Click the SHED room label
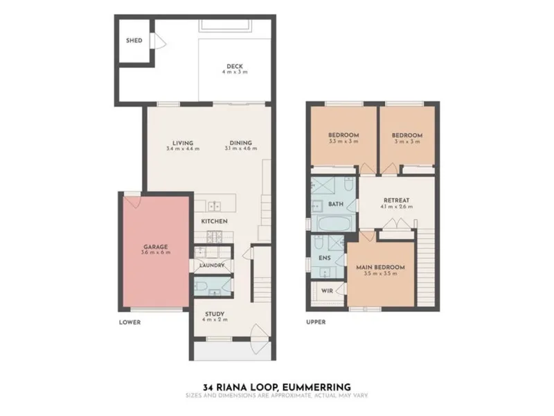click(x=134, y=41)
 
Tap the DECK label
click(x=235, y=66)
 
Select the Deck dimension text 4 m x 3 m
click(x=235, y=72)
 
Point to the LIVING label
click(x=183, y=143)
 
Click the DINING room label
click(x=240, y=143)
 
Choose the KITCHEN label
click(x=214, y=221)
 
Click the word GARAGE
click(x=155, y=247)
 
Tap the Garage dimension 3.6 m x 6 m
click(x=155, y=252)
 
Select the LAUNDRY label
click(x=212, y=266)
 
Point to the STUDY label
click(x=215, y=314)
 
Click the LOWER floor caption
click(x=129, y=322)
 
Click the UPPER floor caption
click(x=316, y=322)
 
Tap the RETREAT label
click(x=396, y=200)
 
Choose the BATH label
click(x=336, y=204)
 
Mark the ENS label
click(x=324, y=258)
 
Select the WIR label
click(x=327, y=291)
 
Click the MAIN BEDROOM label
click(x=380, y=268)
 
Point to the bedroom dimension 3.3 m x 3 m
click(x=343, y=141)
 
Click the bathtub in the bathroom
click(x=334, y=223)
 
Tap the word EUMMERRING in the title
click(x=321, y=388)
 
